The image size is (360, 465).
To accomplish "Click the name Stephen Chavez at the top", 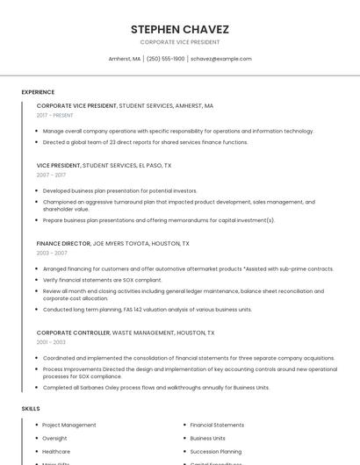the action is click(179, 29).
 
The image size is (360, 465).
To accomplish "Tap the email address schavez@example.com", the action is click(220, 59).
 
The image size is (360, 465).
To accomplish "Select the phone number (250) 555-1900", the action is click(166, 59).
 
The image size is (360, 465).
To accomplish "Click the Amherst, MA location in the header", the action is click(125, 59).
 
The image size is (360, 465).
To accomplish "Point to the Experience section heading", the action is click(38, 92).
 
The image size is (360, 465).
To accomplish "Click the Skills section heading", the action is click(31, 409).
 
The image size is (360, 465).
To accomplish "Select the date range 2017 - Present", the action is click(55, 115).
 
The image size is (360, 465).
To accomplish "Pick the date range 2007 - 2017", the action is click(51, 175).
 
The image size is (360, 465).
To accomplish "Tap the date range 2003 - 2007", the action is click(51, 253).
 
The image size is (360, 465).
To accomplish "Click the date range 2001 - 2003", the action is click(51, 342).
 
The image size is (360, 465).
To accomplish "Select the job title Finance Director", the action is click(63, 243).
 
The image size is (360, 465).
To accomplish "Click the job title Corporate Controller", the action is click(73, 333).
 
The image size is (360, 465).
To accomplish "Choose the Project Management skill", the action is click(69, 425).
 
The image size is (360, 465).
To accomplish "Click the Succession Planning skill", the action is click(216, 451).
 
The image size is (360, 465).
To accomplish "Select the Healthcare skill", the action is click(56, 451).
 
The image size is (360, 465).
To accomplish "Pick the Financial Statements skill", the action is click(217, 425).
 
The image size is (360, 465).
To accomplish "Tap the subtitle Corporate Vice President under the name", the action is click(179, 42).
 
